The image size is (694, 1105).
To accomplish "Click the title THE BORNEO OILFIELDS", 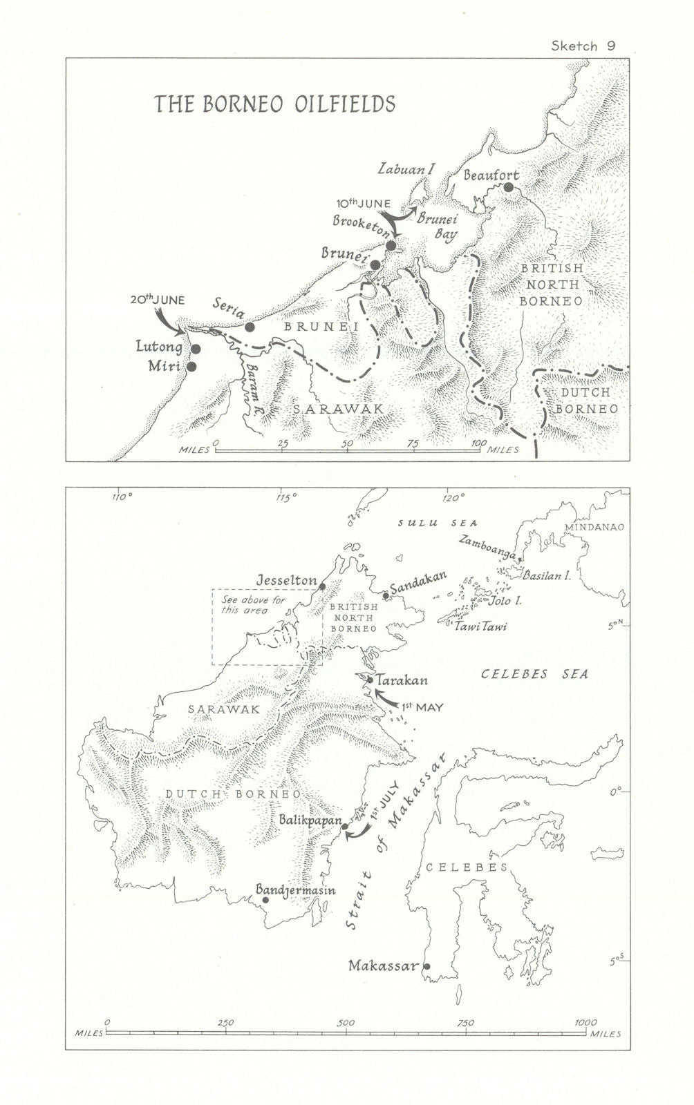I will [x=274, y=104].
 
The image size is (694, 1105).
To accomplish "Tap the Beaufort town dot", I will [x=509, y=187].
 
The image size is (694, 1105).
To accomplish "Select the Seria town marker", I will [x=250, y=327].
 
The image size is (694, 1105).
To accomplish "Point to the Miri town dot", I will [x=191, y=367].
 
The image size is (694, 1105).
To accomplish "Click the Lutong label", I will [x=160, y=347].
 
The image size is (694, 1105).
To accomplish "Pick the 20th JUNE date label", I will [x=157, y=300].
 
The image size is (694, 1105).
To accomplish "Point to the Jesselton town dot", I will [x=322, y=587].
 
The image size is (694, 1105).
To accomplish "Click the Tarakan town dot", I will [x=370, y=680].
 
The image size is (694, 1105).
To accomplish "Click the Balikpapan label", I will [x=311, y=820].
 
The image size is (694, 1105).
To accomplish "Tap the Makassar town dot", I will [x=426, y=966].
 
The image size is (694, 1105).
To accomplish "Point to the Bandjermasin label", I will [x=296, y=891].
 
